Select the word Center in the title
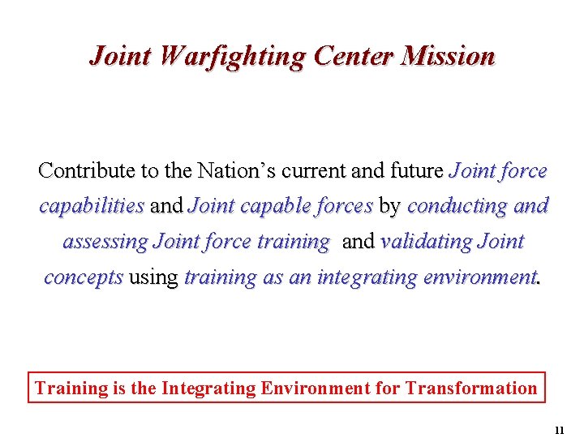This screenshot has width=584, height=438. (352, 56)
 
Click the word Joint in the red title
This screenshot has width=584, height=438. (122, 56)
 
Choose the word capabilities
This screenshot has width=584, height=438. (92, 207)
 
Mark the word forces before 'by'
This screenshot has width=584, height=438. (343, 206)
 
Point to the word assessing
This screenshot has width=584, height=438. (105, 243)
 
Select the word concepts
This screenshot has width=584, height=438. (84, 277)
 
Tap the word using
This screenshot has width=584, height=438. (153, 278)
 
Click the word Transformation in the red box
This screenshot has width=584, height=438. (472, 388)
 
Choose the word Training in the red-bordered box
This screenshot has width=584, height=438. (71, 388)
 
